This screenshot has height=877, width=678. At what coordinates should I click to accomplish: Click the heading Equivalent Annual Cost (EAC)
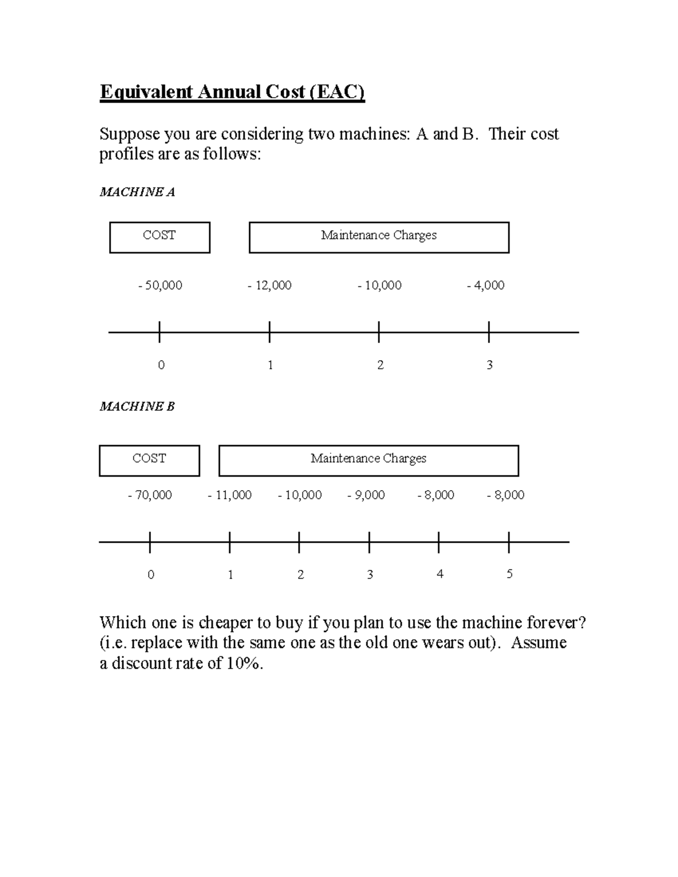tap(232, 91)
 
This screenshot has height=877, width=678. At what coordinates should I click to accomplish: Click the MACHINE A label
tap(137, 192)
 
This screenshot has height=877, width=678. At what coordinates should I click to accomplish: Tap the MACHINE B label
tap(137, 407)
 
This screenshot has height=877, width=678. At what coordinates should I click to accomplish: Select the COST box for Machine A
tap(160, 237)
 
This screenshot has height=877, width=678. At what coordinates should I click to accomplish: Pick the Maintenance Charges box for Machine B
tap(368, 460)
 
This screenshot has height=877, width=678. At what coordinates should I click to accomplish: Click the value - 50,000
tap(160, 285)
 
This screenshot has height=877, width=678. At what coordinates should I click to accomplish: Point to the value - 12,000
tap(270, 285)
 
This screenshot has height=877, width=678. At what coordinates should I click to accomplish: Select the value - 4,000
tap(485, 285)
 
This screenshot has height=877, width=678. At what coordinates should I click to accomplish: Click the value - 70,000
tap(150, 495)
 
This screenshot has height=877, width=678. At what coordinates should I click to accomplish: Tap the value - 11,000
tap(229, 495)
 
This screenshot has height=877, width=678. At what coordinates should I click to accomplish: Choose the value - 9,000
tap(366, 495)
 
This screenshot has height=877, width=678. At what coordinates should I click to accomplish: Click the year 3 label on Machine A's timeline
tap(490, 365)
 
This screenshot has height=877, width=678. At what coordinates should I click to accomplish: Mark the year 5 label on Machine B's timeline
tap(510, 574)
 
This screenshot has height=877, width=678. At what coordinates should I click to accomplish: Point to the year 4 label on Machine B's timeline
tap(440, 574)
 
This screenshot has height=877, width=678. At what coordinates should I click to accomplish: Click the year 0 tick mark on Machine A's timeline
tap(160, 332)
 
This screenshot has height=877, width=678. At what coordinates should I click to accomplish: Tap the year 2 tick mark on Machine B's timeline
tap(299, 542)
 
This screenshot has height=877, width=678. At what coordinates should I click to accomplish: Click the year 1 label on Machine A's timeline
tap(271, 365)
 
